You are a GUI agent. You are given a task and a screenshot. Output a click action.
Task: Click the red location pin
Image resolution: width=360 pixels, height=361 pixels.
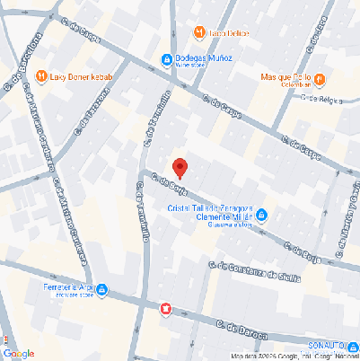180,167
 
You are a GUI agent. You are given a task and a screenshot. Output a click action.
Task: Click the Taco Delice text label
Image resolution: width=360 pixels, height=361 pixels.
230,33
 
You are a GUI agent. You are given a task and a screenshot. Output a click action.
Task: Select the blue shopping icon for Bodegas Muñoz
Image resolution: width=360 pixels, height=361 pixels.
166,60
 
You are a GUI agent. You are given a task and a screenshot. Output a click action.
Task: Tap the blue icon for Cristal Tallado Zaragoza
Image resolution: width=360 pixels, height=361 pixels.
261,216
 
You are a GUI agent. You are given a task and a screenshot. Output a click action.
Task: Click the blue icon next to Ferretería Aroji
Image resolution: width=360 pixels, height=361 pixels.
101,289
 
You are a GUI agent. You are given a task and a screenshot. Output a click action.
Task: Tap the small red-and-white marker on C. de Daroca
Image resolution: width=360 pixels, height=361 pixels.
165,309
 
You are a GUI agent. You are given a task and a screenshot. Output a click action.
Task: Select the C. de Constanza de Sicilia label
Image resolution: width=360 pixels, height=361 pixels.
252,270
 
